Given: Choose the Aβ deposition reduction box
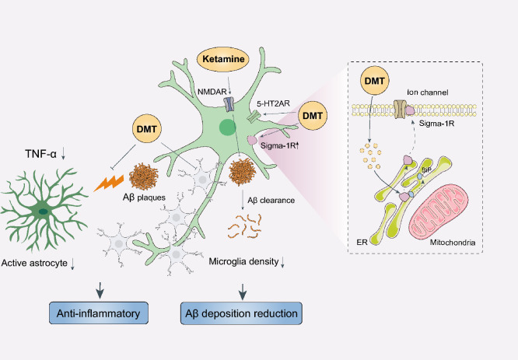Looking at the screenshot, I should click(x=241, y=313).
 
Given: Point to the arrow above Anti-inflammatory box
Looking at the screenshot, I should click(x=100, y=290).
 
